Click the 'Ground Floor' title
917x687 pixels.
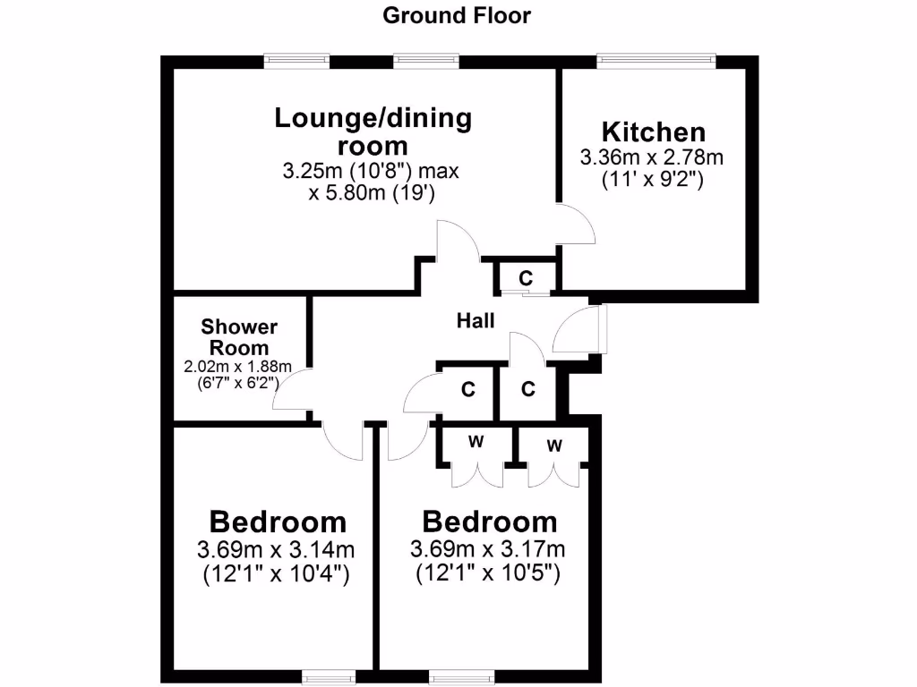457,15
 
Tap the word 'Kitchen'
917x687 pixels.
653,131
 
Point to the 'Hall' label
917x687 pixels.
476,321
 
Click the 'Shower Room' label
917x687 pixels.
239,337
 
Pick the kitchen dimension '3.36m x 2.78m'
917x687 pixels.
652,158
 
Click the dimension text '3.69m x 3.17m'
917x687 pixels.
488,548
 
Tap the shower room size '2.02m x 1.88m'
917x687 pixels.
238,367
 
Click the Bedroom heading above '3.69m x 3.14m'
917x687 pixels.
278,522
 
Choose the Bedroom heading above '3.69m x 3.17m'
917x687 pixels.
490,522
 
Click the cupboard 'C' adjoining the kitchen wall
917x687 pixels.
526,277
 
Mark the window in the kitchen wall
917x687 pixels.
656,61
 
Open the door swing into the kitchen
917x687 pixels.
576,224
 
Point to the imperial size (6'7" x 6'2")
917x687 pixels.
238,382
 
